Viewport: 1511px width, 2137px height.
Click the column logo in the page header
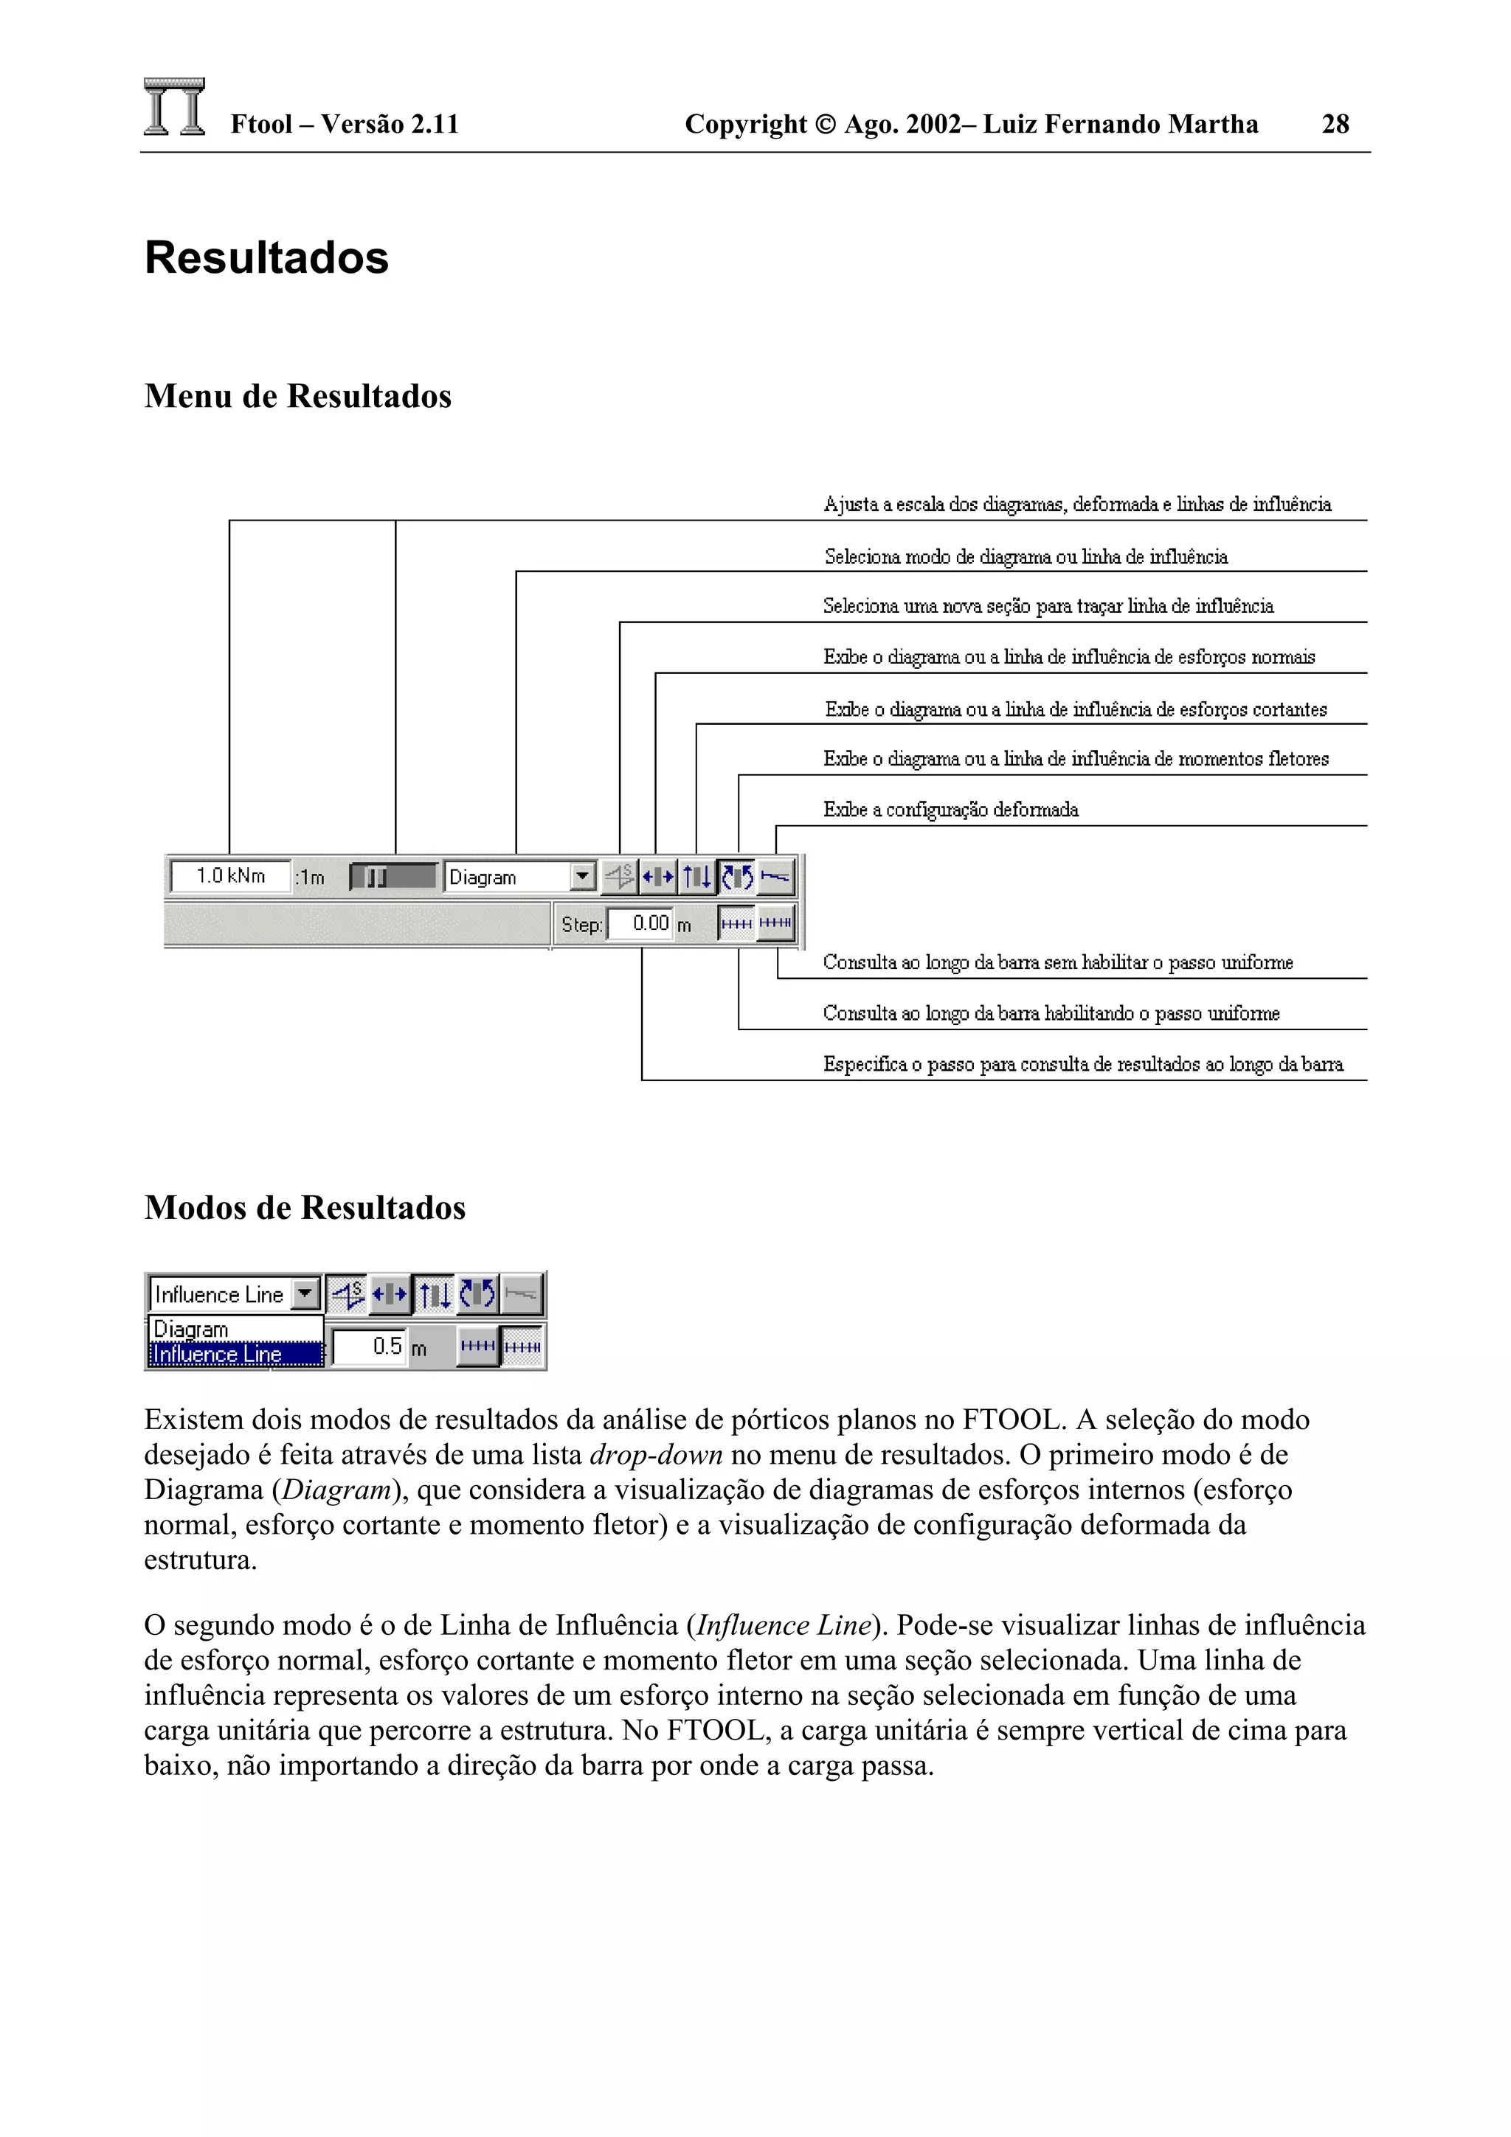[x=174, y=107]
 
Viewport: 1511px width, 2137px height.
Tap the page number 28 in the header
[x=1335, y=124]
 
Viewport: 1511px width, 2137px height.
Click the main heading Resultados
[x=266, y=258]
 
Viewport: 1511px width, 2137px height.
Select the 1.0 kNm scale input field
[x=231, y=876]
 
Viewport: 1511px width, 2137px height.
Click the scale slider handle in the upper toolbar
[x=376, y=877]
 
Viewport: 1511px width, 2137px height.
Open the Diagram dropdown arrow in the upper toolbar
[x=582, y=876]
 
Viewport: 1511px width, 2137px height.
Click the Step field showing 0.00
[x=640, y=923]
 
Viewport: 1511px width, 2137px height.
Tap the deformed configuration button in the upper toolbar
[x=775, y=877]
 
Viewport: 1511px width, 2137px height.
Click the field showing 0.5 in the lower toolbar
[x=370, y=1346]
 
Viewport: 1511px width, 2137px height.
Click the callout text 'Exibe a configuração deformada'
[x=950, y=810]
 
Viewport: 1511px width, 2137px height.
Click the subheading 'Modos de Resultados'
[x=305, y=1207]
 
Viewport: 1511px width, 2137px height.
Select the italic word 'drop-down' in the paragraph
[x=657, y=1455]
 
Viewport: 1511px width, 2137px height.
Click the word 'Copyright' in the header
[x=746, y=124]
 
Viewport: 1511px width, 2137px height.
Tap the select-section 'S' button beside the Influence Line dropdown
[x=348, y=1293]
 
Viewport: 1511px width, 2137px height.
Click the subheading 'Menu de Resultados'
[x=298, y=395]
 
